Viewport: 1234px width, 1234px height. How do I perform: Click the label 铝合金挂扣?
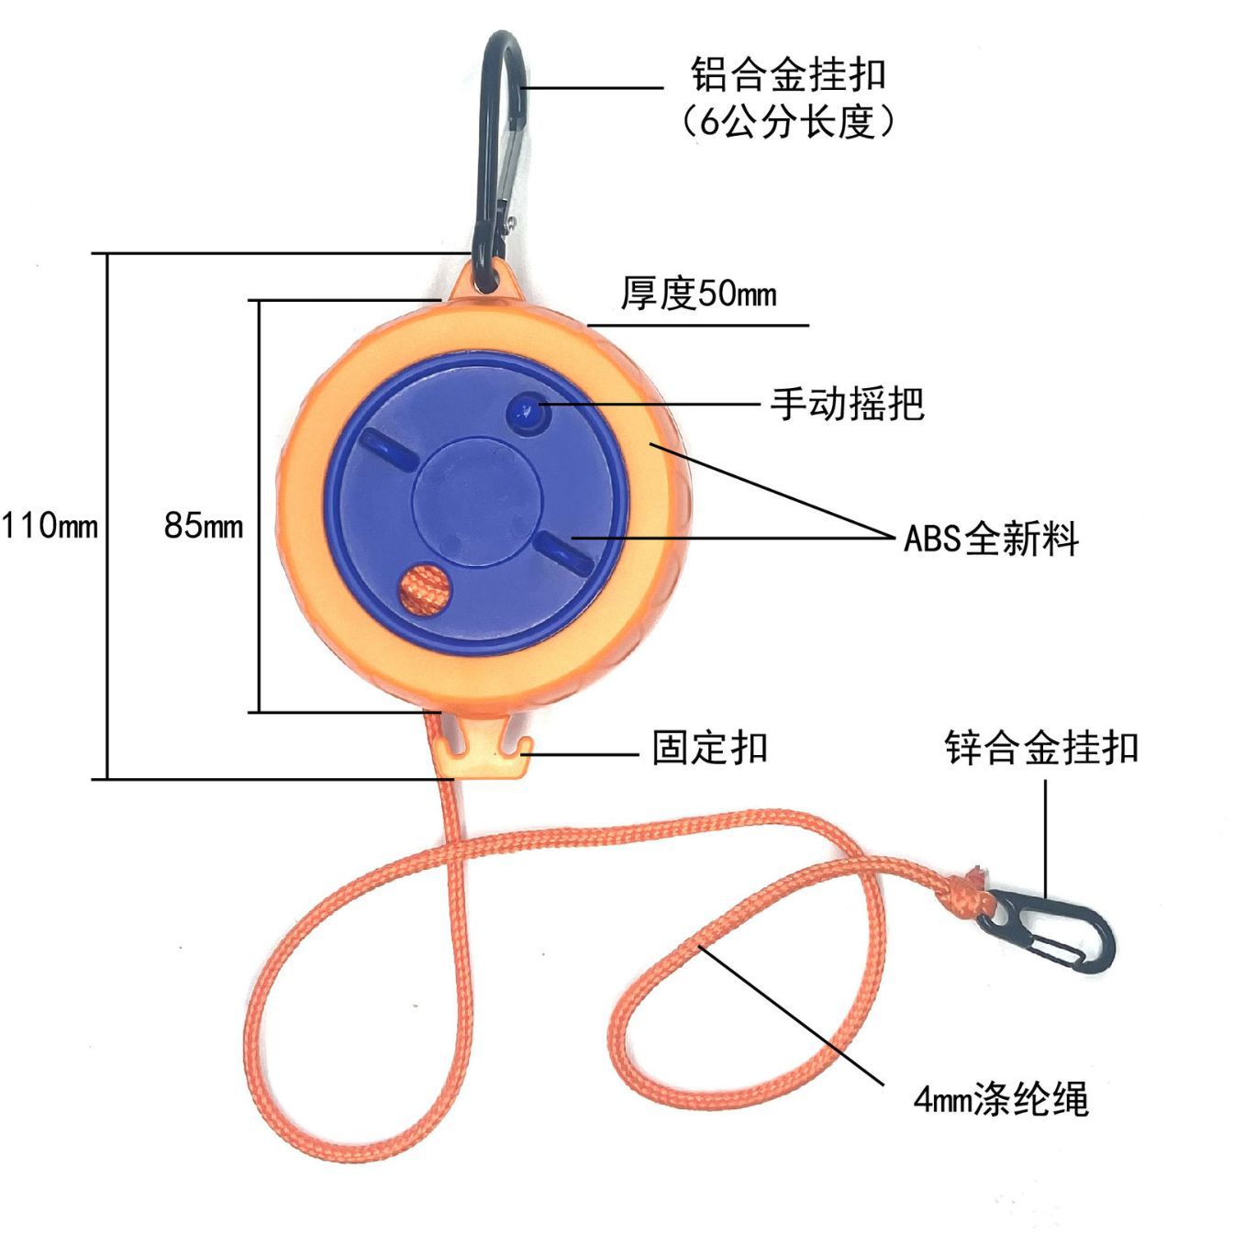pyautogui.click(x=788, y=74)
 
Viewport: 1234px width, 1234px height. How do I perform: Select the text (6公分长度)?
pyautogui.click(x=788, y=121)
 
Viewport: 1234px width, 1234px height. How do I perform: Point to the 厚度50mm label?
pyautogui.click(x=698, y=294)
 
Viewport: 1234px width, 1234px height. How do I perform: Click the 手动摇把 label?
pyautogui.click(x=846, y=404)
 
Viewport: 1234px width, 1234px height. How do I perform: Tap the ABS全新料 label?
pyautogui.click(x=991, y=539)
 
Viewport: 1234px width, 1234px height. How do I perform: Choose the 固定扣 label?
pyautogui.click(x=709, y=748)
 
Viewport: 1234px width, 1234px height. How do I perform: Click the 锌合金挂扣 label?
pyautogui.click(x=1041, y=748)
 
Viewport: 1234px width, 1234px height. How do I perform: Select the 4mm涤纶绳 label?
pyautogui.click(x=1000, y=1098)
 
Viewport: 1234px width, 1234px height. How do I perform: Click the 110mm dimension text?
pyautogui.click(x=50, y=527)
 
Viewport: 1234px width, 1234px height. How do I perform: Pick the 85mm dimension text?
pyautogui.click(x=204, y=526)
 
